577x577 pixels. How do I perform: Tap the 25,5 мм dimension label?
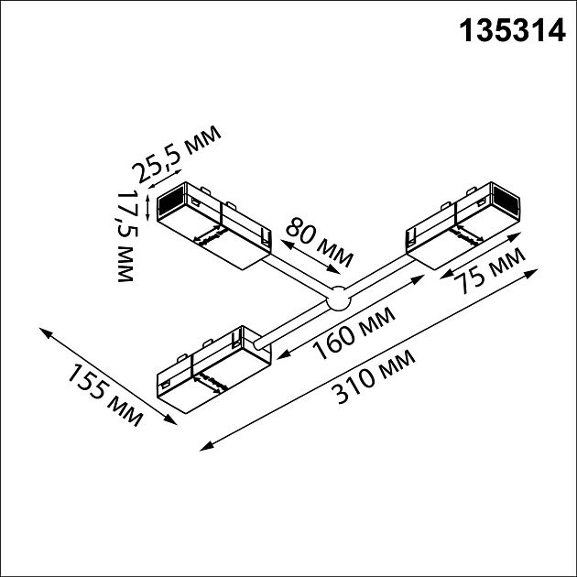tap(176, 155)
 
